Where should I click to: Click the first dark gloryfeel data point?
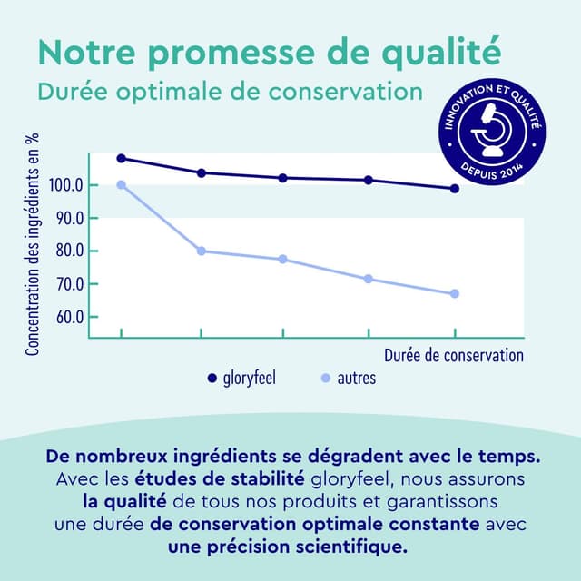[121, 158]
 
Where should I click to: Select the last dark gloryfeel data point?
[455, 189]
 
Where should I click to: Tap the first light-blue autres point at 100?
[121, 185]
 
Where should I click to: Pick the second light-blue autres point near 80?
[201, 251]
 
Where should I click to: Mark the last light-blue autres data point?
[455, 293]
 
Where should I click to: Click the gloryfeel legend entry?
[241, 378]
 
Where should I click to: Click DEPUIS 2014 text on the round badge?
[492, 170]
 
